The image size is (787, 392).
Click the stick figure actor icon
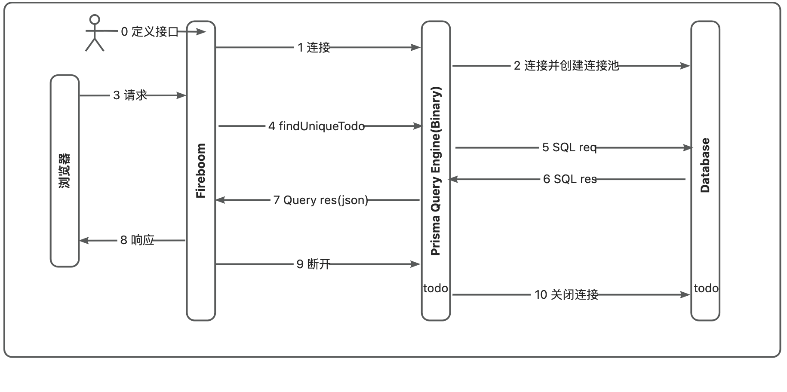coord(95,33)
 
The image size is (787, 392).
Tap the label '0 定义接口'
coord(149,32)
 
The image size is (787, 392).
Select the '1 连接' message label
coord(314,47)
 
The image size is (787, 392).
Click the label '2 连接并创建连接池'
coord(566,66)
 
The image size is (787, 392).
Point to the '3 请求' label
coord(130,95)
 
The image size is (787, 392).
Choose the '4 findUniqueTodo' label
coord(317,126)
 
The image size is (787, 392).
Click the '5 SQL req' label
coord(569,148)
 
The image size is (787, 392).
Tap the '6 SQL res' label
coord(570,179)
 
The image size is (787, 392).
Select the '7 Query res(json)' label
coord(321,200)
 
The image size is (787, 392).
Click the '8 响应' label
coord(137,241)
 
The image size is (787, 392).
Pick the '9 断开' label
coord(314,264)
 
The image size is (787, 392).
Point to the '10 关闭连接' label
coord(566,295)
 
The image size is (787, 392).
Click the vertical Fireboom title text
coord(201,171)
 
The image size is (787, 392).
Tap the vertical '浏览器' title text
coord(65,171)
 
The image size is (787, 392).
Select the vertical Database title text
coord(705,165)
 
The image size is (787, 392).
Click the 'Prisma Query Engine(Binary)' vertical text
coord(436,171)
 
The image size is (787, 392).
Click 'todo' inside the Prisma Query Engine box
coord(436,288)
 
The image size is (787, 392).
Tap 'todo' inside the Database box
coord(706,288)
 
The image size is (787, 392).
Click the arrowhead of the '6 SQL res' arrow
coord(453,179)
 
